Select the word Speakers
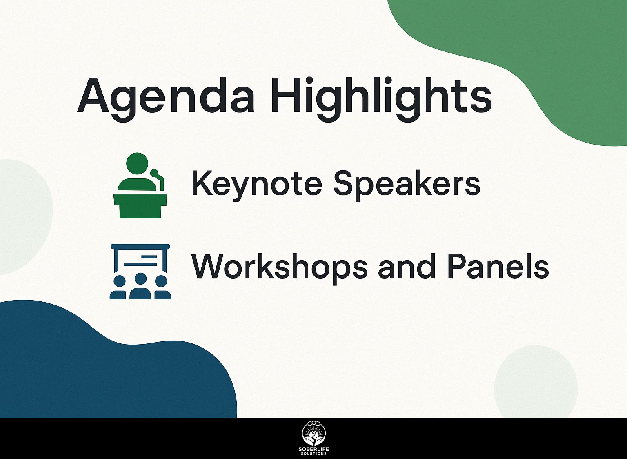(406, 183)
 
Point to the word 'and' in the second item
(406, 267)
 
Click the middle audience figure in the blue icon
(140, 287)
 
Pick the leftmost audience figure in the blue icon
(119, 288)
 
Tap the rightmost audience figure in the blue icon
(161, 288)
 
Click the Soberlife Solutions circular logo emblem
(313, 434)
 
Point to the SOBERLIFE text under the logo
(313, 450)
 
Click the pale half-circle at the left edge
(20, 216)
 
